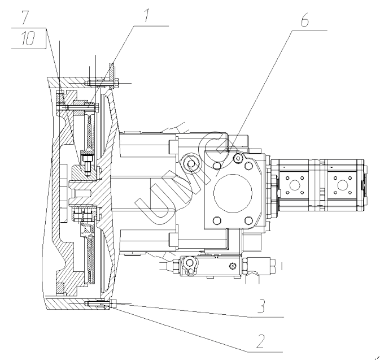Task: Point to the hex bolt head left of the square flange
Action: click(191, 163)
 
